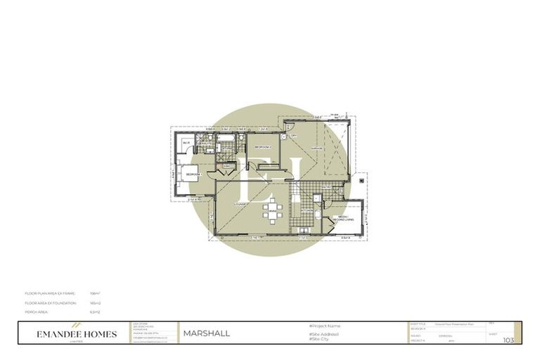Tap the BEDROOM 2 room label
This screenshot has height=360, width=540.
(263, 147)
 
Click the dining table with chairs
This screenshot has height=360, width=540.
(271, 211)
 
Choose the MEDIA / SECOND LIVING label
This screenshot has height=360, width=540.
(345, 217)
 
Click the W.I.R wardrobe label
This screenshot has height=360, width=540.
(186, 143)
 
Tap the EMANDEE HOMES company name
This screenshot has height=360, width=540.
(77, 334)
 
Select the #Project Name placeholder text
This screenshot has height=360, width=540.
(326, 326)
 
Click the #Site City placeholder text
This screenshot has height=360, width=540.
(321, 340)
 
